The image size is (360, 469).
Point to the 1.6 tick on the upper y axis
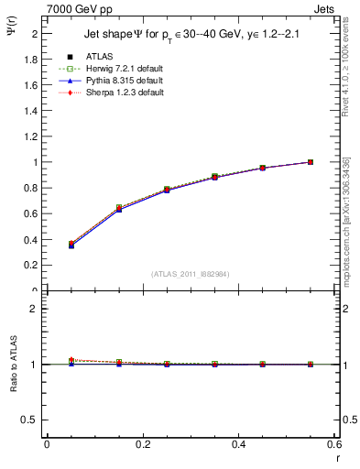(x=33, y=85)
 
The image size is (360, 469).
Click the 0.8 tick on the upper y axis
(x=33, y=189)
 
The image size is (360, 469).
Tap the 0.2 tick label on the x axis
(x=142, y=446)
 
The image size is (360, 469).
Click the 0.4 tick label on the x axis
(x=238, y=446)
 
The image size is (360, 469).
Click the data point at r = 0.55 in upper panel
(x=311, y=162)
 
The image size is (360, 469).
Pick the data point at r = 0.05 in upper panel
(x=71, y=245)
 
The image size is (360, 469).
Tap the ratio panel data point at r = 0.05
(x=71, y=361)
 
